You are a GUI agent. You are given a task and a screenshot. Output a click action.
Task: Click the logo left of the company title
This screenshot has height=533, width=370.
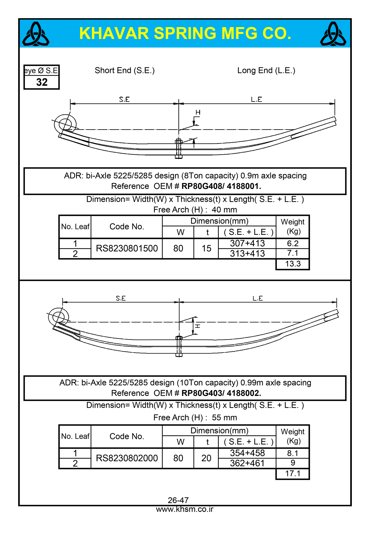click(x=36, y=34)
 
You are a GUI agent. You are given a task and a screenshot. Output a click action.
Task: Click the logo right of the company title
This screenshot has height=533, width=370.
click(x=333, y=34)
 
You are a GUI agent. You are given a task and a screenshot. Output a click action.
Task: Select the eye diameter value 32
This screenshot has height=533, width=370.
click(x=42, y=82)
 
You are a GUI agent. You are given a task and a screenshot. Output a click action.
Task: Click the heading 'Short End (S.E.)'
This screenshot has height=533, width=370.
click(x=125, y=70)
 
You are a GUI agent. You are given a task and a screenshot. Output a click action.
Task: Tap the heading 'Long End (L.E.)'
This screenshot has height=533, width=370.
click(x=266, y=70)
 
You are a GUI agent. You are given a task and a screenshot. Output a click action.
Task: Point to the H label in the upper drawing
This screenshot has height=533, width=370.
click(x=198, y=112)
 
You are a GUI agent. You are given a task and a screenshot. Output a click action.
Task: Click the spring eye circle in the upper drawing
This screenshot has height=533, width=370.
click(x=65, y=124)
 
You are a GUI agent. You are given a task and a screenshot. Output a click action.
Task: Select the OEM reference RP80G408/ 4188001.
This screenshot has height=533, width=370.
click(x=221, y=186)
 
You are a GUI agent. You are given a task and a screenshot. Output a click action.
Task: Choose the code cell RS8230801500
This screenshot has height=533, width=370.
click(x=127, y=248)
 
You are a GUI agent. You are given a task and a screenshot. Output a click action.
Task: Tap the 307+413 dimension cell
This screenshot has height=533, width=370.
click(x=247, y=243)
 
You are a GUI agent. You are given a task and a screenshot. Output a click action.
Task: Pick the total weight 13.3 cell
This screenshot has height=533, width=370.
click(x=293, y=264)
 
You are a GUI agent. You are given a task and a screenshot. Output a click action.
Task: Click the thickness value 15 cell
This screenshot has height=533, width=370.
click(x=206, y=248)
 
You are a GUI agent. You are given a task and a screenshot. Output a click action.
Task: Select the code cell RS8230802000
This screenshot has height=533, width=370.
click(x=127, y=458)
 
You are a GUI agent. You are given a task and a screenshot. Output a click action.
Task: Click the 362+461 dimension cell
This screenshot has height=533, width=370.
click(x=247, y=463)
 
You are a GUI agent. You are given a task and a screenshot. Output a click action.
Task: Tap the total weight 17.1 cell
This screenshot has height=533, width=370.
click(x=293, y=474)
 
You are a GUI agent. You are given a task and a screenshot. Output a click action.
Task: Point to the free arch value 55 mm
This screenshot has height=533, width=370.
click(x=224, y=418)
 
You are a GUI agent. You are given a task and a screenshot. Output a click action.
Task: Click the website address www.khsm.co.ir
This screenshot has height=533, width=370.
click(x=185, y=509)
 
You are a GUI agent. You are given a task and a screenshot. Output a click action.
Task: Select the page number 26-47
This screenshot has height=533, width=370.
click(x=178, y=500)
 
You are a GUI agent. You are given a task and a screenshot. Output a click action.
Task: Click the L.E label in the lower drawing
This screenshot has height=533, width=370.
click(x=258, y=298)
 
